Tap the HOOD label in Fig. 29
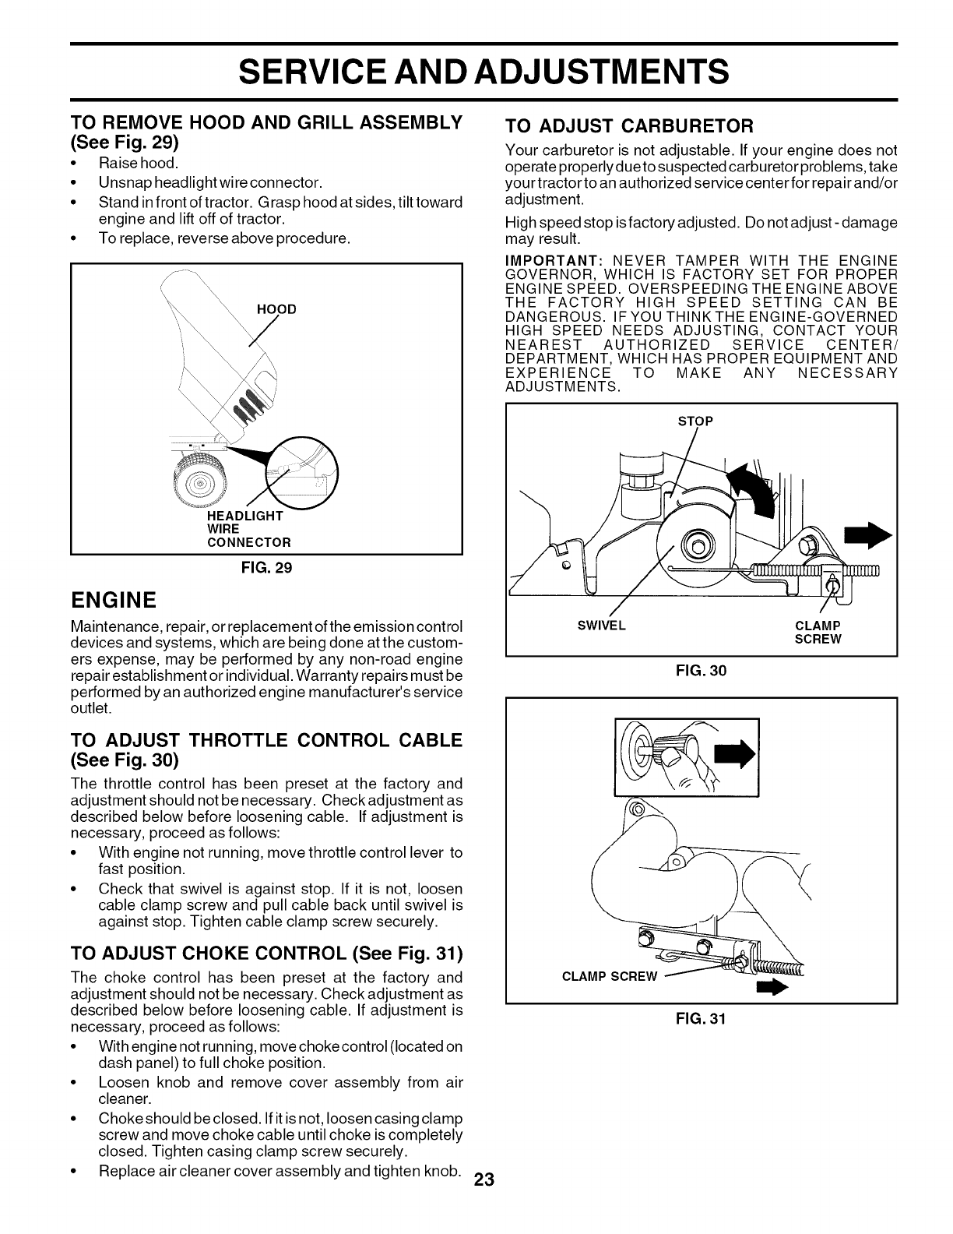pos(276,309)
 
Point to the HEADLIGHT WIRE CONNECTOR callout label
pos(248,529)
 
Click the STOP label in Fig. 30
pos(695,421)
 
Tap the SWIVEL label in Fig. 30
pos(602,626)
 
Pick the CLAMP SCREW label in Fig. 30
pos(818,632)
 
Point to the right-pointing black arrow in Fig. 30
pos(869,534)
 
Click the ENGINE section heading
pos(114,600)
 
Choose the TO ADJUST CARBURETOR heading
pos(629,125)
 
